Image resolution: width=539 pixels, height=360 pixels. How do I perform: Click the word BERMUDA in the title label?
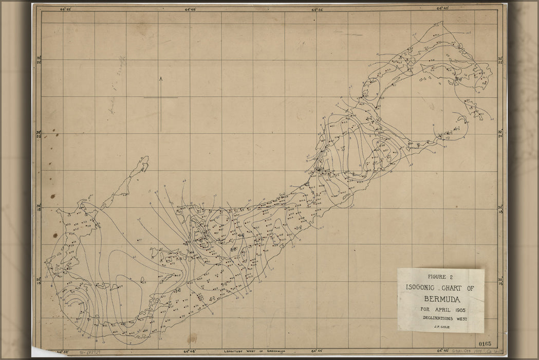tap(440, 299)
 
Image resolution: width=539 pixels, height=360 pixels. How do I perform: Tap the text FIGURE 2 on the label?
tap(440, 277)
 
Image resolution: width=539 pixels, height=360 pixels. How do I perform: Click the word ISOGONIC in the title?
tap(420, 287)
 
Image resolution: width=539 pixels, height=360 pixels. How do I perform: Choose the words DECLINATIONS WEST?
tap(440, 318)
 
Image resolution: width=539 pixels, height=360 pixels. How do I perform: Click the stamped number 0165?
tap(485, 344)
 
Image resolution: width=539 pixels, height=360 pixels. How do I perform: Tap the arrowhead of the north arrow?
tap(161, 79)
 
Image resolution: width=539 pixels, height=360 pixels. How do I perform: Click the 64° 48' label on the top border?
tap(190, 8)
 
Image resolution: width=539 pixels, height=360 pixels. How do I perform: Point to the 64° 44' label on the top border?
tap(317, 8)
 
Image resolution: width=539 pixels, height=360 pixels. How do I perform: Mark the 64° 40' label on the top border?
tap(443, 8)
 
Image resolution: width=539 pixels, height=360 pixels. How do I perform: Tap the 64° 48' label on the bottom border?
tap(191, 352)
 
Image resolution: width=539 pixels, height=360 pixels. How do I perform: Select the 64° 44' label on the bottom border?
tap(317, 352)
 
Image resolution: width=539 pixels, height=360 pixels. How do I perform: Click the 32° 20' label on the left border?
tap(38, 134)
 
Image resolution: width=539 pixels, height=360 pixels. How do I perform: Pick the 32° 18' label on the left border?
tap(38, 207)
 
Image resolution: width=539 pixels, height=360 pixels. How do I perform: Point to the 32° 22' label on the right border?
tap(500, 60)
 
